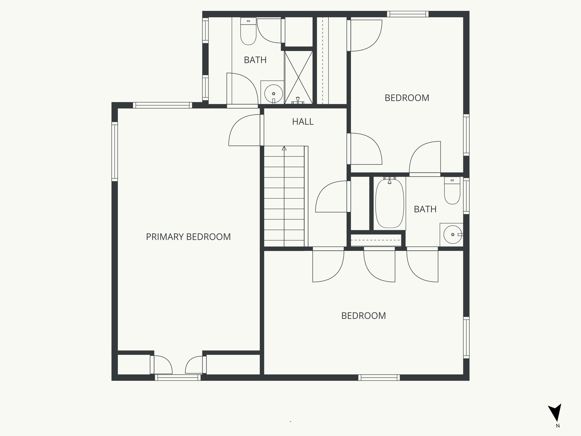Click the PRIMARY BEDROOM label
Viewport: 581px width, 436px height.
click(x=188, y=237)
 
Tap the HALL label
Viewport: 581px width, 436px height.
click(x=303, y=121)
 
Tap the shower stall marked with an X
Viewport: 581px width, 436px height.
click(x=298, y=77)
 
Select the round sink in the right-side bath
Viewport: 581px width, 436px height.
click(x=452, y=234)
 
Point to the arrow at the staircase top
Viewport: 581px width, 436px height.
click(x=284, y=148)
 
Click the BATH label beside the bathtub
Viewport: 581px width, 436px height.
click(x=425, y=209)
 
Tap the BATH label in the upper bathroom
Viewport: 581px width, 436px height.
click(x=255, y=60)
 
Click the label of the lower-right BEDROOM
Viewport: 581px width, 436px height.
click(x=363, y=316)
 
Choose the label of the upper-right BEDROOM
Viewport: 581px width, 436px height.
click(x=407, y=98)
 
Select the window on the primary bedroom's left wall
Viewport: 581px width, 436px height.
click(x=115, y=151)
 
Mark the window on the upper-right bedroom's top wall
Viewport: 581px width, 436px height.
click(x=408, y=14)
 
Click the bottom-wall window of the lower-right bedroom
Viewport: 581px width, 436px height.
click(x=379, y=378)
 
